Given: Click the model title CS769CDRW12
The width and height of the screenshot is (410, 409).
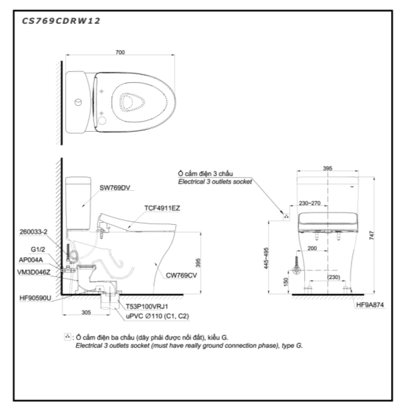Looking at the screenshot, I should point(61,20).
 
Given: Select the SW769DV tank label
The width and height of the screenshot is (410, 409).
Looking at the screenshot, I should point(114,187).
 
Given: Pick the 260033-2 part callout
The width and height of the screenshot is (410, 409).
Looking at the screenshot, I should point(33,231).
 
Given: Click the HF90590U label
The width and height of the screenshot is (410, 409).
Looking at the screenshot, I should point(35,297).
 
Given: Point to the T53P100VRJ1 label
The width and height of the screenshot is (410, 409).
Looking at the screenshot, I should point(147,306).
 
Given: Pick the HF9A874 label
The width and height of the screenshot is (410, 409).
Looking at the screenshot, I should point(371,306).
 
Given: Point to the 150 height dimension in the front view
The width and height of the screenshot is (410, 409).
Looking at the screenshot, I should point(287,281).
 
